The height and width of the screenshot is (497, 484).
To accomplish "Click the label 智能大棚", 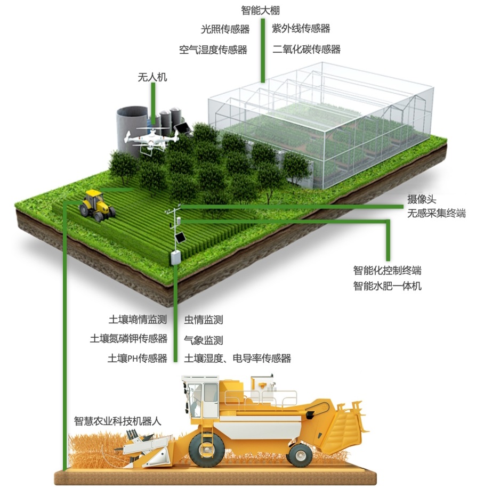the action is click(260, 10).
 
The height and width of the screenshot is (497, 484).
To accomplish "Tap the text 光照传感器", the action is click(225, 29).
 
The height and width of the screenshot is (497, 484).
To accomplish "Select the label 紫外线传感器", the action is click(301, 28).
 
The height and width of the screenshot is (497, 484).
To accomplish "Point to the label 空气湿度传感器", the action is click(213, 50).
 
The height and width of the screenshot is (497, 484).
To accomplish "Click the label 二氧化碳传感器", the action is click(306, 50).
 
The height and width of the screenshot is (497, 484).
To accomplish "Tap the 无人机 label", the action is click(152, 77).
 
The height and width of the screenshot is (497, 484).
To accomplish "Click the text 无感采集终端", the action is click(436, 213).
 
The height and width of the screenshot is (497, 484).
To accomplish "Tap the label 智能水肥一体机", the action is click(387, 286).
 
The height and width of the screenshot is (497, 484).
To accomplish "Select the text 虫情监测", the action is click(203, 320).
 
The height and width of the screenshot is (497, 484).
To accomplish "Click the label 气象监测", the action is click(203, 340).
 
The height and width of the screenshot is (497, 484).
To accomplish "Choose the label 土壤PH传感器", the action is click(138, 358).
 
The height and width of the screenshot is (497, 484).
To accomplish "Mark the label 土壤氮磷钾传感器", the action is click(128, 339).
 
